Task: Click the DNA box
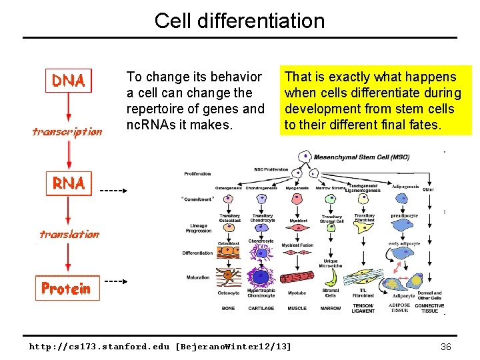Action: (x=69, y=81)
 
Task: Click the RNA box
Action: (x=69, y=183)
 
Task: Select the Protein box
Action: (x=67, y=288)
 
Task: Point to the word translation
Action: (x=69, y=234)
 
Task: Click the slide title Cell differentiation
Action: (x=239, y=21)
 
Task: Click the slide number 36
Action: (x=446, y=346)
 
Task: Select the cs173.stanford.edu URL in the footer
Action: (x=160, y=347)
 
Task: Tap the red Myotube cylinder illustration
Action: (x=297, y=277)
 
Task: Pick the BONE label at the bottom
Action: (x=229, y=309)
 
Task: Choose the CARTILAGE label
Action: (x=261, y=309)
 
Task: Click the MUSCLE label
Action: (x=297, y=309)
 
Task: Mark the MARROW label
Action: (x=331, y=309)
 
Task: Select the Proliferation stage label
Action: (x=197, y=174)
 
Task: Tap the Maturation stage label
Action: (x=198, y=277)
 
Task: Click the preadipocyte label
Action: (x=404, y=215)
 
